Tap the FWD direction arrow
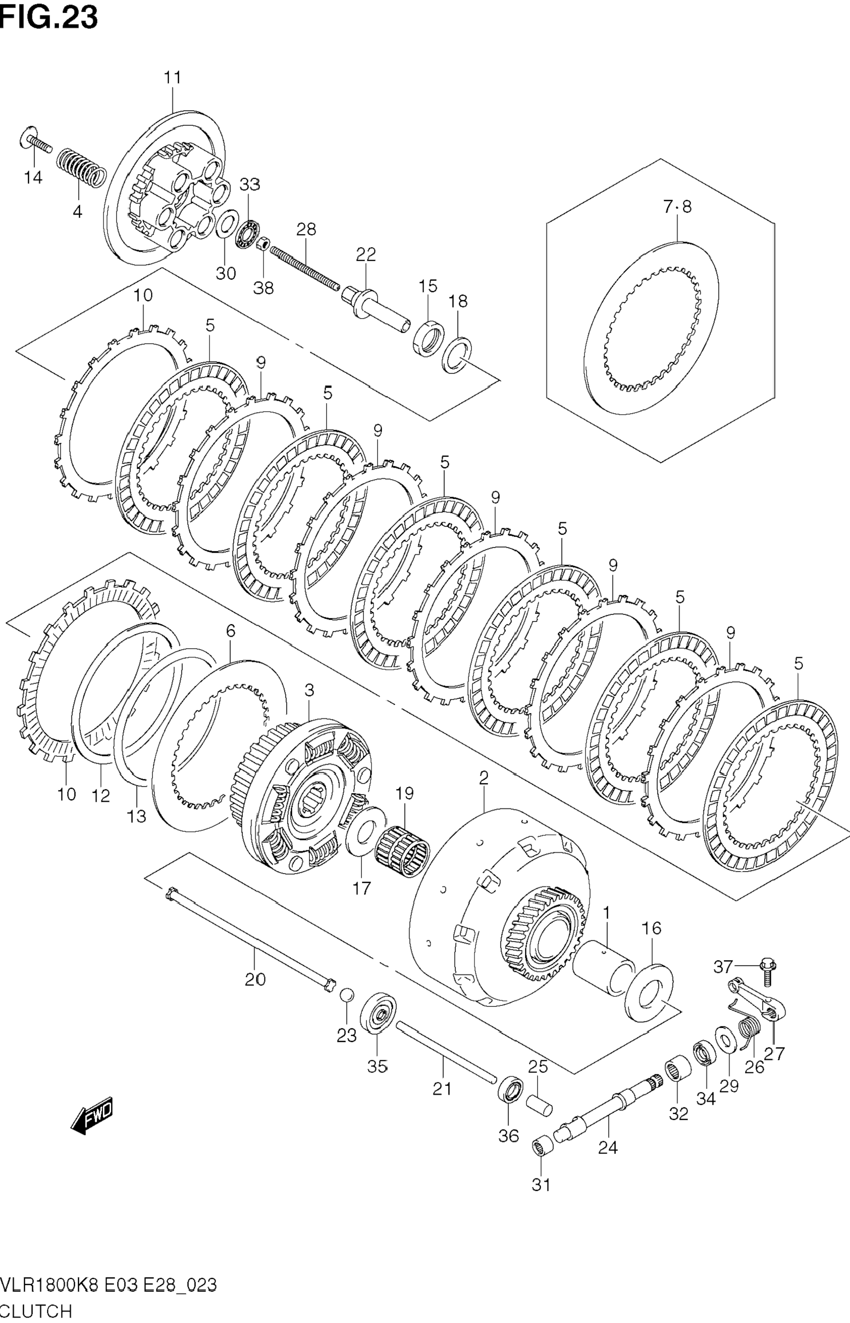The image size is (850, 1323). point(92,1115)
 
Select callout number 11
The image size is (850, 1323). point(173,78)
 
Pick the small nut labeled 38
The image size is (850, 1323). point(264,243)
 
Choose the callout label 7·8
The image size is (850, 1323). point(677,207)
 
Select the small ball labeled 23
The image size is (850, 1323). point(346,994)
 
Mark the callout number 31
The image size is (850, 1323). point(541,1185)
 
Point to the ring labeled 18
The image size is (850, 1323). point(457,354)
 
